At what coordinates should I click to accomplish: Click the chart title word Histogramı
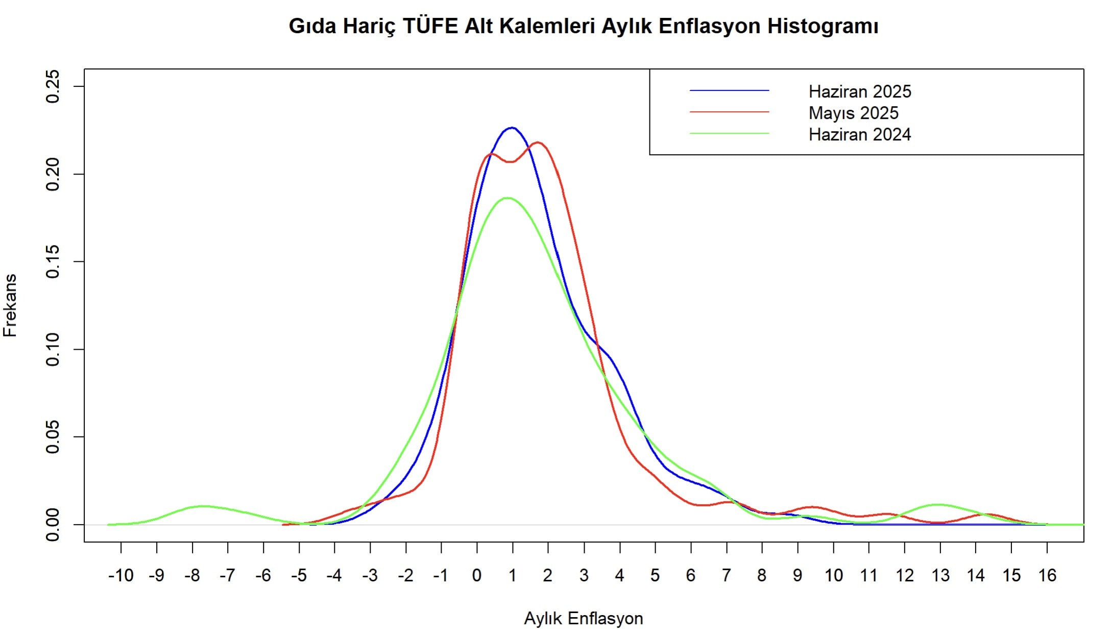(823, 26)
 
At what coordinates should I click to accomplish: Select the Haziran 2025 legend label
(860, 91)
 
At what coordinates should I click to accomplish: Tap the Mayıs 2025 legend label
(853, 113)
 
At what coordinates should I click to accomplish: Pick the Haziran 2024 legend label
(860, 134)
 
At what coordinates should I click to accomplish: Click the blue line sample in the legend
(729, 91)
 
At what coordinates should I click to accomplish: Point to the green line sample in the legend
(729, 134)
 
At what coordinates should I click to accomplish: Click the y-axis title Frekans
(10, 305)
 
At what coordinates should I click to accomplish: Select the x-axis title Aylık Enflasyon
(583, 618)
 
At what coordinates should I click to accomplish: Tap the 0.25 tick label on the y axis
(53, 87)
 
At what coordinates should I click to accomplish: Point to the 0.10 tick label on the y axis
(53, 350)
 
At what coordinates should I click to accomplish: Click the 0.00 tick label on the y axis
(53, 525)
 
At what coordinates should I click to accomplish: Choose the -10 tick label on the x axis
(120, 575)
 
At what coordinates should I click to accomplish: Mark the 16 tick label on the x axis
(1047, 575)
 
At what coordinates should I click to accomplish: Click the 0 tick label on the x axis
(477, 575)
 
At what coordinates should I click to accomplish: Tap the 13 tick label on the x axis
(940, 575)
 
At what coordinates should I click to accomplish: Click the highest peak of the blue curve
(512, 128)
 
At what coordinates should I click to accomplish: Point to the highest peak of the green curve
(507, 198)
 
